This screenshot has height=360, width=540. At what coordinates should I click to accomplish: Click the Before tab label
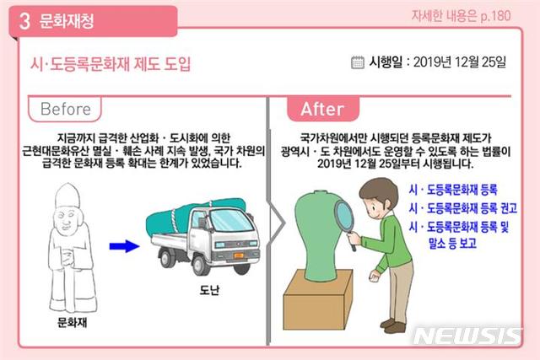(x=65, y=109)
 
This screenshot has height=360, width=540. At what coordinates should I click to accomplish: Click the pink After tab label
(x=322, y=109)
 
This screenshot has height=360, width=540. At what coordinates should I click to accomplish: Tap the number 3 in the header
(x=24, y=21)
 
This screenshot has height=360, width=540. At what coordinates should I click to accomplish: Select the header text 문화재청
(x=67, y=21)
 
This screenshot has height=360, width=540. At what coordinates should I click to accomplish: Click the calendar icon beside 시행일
(x=357, y=62)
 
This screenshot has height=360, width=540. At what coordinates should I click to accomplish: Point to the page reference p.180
(x=495, y=15)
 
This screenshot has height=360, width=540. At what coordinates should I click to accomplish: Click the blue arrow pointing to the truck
(x=124, y=246)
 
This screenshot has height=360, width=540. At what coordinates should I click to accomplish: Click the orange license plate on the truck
(x=238, y=255)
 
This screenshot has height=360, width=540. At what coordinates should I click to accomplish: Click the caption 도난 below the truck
(x=209, y=290)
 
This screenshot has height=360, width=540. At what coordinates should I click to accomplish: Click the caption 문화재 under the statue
(x=72, y=322)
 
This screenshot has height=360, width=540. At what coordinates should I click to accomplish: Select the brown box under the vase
(x=317, y=300)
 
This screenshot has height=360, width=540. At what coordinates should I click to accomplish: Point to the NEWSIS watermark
(x=467, y=335)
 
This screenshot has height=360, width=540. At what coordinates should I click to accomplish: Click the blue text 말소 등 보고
(x=452, y=243)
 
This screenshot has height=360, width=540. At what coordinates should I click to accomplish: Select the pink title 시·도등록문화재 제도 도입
(x=111, y=64)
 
